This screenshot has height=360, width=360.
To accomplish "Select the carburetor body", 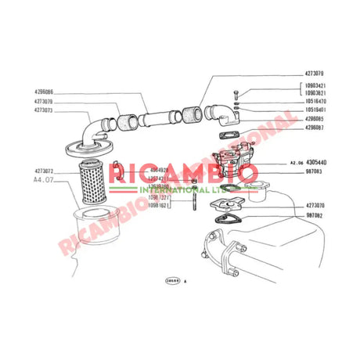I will click(x=238, y=160).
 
